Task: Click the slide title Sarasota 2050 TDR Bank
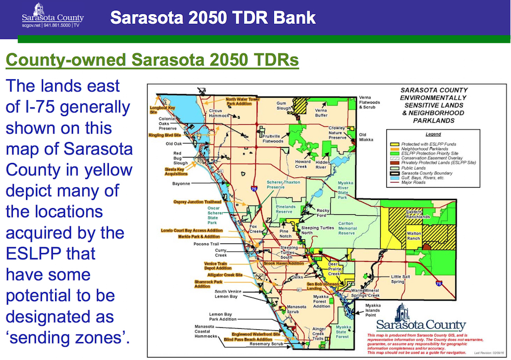coord(213,18)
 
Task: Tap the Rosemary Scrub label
coord(266,344)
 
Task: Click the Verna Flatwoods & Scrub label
coord(371,102)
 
